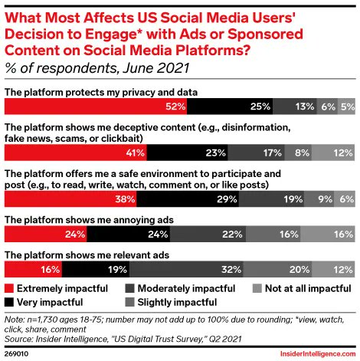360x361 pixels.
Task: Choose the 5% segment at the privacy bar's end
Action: (x=345, y=106)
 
